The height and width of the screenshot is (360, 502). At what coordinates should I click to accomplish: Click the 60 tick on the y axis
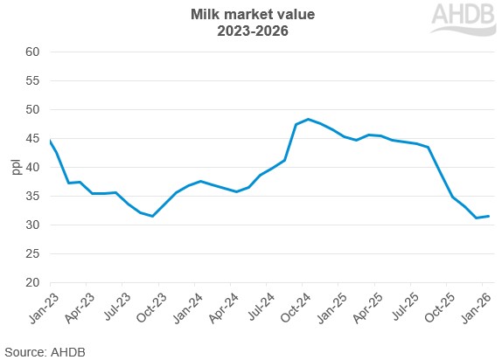32,52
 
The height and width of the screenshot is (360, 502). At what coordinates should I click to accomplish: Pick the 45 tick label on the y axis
32,138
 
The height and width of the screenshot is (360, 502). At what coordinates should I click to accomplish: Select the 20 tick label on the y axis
32,283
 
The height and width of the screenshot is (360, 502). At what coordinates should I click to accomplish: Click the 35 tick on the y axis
32,197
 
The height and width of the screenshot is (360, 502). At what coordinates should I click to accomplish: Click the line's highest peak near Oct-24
308,119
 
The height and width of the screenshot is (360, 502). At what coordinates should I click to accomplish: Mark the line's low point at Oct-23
153,216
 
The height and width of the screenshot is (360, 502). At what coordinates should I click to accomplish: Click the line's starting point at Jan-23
50,141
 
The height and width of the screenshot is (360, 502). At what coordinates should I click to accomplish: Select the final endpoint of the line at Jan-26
488,216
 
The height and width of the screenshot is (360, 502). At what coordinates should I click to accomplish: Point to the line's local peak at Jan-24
201,181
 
